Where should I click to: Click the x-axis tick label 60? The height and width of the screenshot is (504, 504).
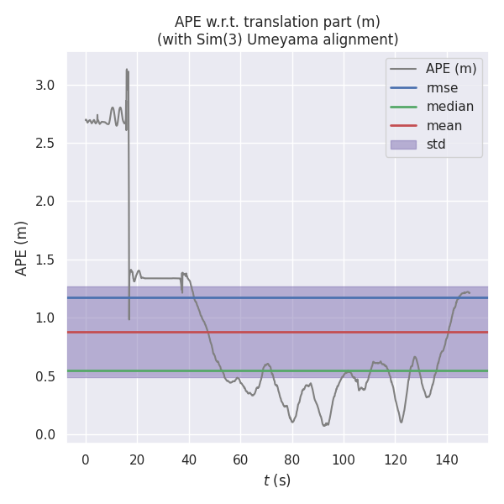coord(240,459)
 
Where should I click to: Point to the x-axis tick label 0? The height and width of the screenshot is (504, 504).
coord(85,459)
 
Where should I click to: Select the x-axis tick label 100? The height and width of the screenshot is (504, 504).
coord(344,459)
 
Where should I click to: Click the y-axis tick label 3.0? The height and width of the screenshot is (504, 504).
coord(45,85)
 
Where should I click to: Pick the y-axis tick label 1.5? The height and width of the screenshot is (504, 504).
coord(45,260)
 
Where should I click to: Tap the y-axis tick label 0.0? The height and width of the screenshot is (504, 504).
coord(45,434)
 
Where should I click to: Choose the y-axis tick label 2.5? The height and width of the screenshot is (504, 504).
coord(45,143)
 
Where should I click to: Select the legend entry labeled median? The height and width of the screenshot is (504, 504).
coord(449,107)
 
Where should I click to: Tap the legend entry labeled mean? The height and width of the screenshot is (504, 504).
coord(444,125)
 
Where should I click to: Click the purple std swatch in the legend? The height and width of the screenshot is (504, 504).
coord(403,144)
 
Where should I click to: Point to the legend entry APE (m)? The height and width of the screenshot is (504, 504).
coord(451,69)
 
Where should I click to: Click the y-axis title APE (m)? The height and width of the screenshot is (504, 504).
coord(22,248)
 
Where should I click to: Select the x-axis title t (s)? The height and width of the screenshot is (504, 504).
coord(276,480)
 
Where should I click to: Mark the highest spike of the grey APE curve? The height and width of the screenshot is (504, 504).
coord(127,70)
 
